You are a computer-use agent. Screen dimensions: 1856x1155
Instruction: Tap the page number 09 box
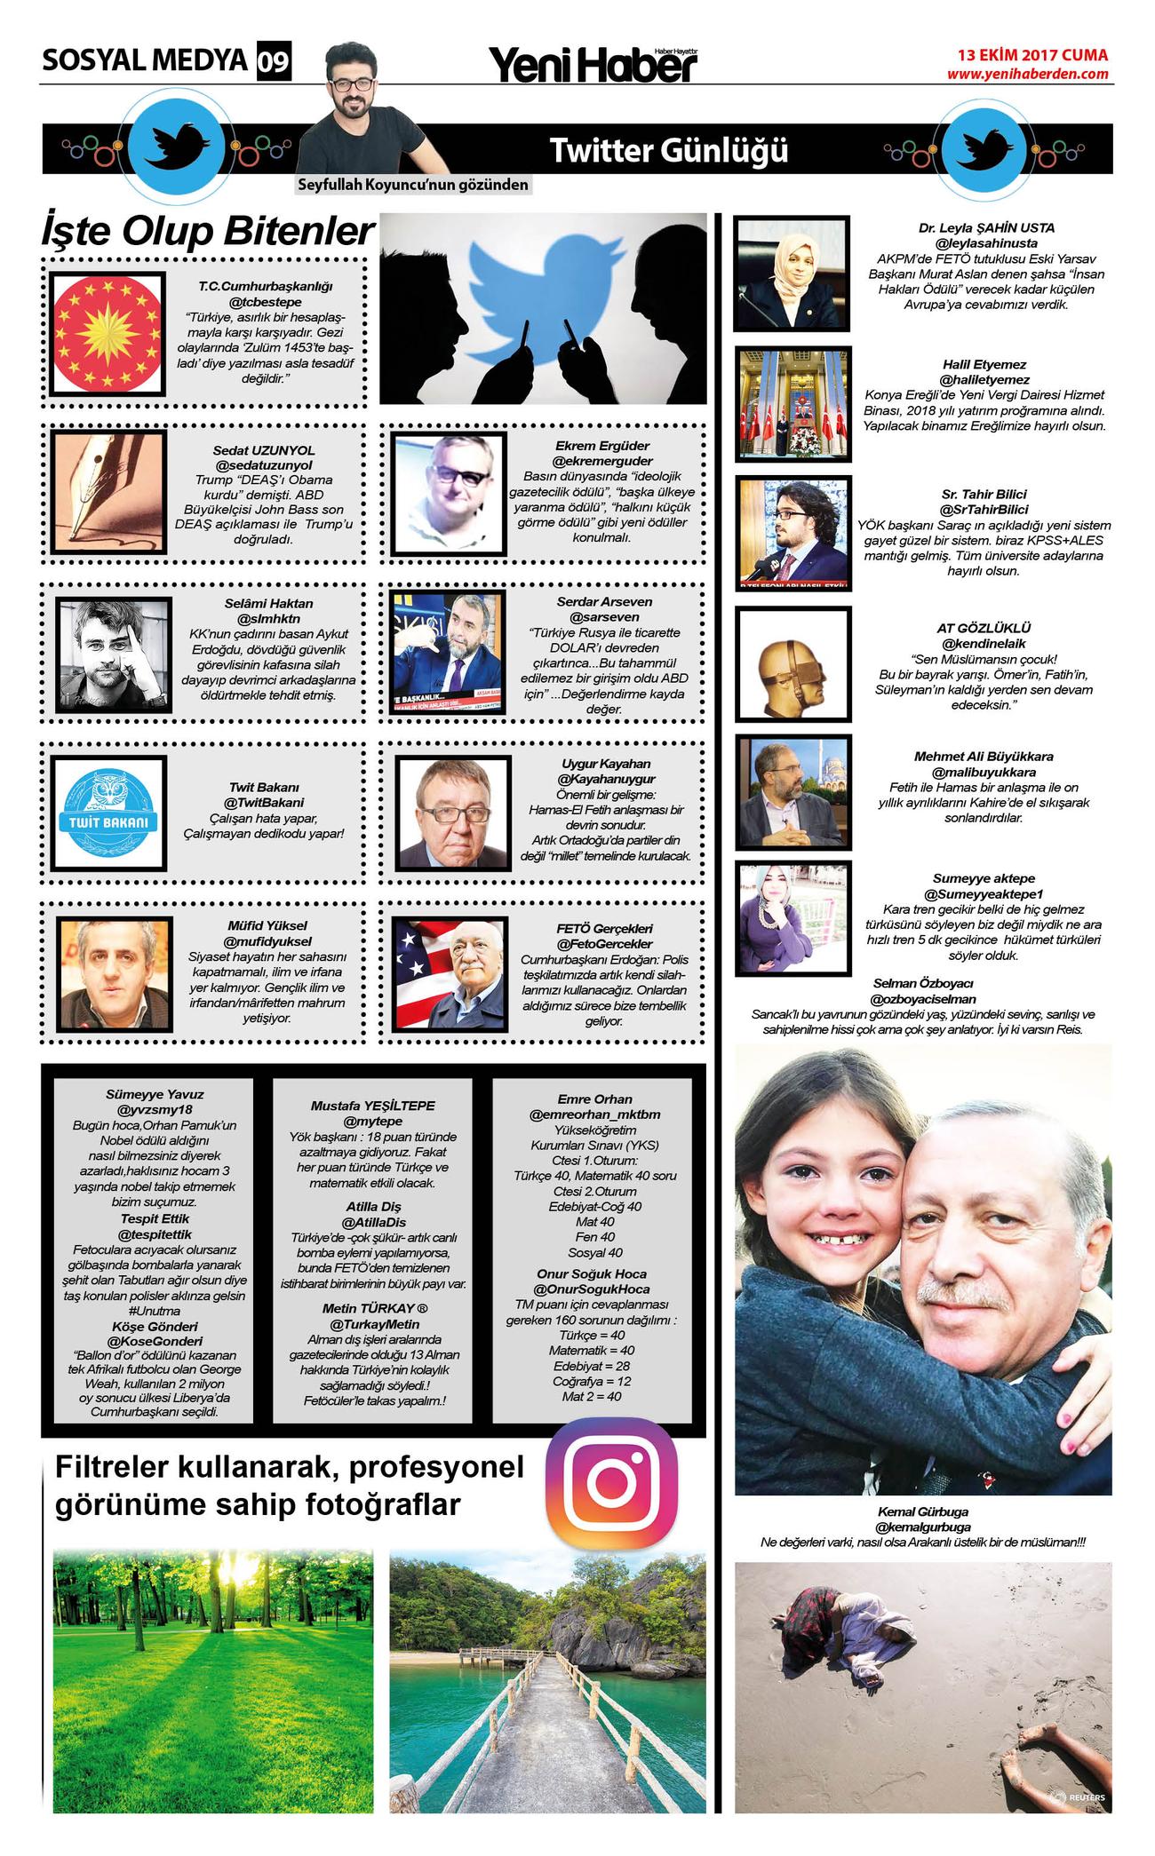pyautogui.click(x=274, y=61)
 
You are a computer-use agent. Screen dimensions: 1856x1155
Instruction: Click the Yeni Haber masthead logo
pyautogui.click(x=593, y=64)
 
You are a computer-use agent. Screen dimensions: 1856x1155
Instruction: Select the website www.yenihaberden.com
pyautogui.click(x=1027, y=74)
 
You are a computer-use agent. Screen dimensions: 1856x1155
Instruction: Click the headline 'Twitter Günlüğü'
pyautogui.click(x=668, y=150)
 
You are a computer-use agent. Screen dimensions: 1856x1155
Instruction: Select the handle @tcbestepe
pyautogui.click(x=265, y=302)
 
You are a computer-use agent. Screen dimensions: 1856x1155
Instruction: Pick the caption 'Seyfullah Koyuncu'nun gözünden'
pyautogui.click(x=413, y=185)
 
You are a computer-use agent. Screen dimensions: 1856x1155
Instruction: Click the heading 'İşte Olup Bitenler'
pyautogui.click(x=208, y=231)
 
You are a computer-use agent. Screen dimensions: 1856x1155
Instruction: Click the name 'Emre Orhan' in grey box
pyautogui.click(x=594, y=1099)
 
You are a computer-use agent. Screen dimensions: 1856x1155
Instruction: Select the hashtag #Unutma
pyautogui.click(x=155, y=1311)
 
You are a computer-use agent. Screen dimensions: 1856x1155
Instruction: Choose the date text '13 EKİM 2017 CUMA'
pyautogui.click(x=1032, y=55)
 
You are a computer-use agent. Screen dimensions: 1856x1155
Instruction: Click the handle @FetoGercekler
pyautogui.click(x=604, y=943)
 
